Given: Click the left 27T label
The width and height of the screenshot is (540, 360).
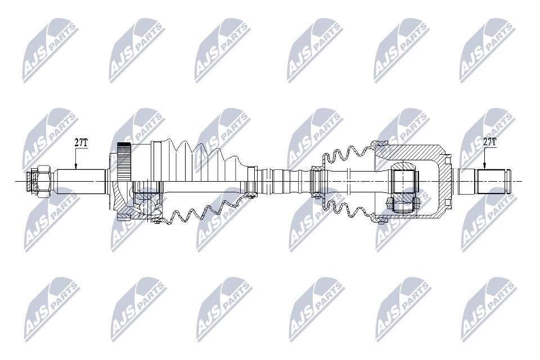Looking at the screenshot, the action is click(x=81, y=142).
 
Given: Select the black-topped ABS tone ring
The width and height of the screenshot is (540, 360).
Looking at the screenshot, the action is click(x=124, y=151).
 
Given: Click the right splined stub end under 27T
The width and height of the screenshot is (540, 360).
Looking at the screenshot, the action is click(x=493, y=180).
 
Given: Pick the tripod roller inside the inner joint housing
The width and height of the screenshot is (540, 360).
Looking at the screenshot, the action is click(x=404, y=179).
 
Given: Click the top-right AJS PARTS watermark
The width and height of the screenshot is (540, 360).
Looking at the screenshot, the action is click(x=485, y=51).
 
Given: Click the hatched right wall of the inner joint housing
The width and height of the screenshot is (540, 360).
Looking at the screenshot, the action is click(x=444, y=179).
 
